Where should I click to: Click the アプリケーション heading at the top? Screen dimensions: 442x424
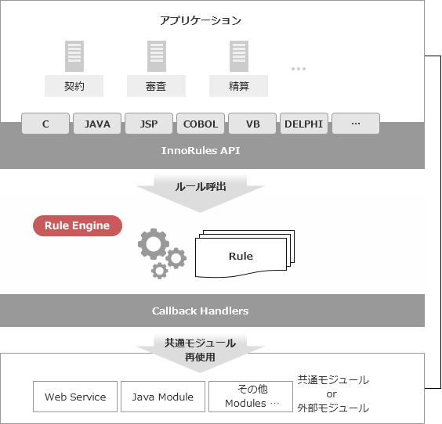[x=201, y=20]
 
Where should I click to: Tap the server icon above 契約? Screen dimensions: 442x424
[x=74, y=56]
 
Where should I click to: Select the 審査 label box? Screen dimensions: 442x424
[x=156, y=86]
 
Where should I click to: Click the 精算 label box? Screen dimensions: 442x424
[x=238, y=86]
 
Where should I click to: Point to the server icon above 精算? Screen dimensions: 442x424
[x=239, y=56]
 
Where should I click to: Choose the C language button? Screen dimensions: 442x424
[x=45, y=124]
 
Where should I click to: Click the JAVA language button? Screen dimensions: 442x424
[x=97, y=124]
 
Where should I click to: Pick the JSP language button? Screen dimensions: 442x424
[x=149, y=124]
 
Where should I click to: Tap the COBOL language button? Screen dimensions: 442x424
[x=201, y=124]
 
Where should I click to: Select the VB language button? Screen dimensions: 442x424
[x=252, y=124]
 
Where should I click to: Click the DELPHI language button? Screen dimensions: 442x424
[x=304, y=124]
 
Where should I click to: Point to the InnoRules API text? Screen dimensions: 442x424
[x=201, y=150]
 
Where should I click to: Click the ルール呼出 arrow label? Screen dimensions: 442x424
[x=201, y=186]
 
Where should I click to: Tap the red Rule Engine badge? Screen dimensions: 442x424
[x=78, y=225]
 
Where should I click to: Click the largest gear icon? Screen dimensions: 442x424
[x=154, y=243]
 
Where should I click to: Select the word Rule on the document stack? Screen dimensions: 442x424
[x=241, y=256]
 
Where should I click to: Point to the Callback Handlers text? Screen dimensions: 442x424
[x=201, y=311]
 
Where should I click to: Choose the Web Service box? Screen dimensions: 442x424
[x=75, y=397]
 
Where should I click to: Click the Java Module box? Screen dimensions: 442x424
[x=163, y=397]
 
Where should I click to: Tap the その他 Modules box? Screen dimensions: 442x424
[x=251, y=397]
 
